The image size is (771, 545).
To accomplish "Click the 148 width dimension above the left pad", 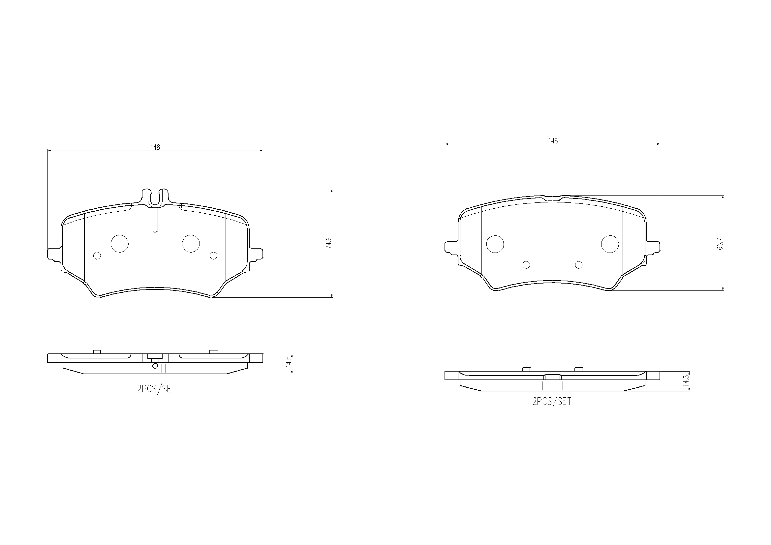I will (155, 147).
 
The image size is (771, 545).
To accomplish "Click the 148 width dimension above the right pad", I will (553, 141).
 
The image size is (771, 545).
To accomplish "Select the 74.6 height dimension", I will (328, 243).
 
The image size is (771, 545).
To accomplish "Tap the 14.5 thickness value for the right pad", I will (686, 381).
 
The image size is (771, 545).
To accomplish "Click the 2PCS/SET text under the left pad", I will (157, 389).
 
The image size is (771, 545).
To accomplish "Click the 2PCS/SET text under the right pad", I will (552, 401).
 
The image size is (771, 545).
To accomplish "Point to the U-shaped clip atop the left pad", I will (155, 198).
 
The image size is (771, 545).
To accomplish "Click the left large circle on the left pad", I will (120, 243).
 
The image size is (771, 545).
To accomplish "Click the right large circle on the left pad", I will (191, 243).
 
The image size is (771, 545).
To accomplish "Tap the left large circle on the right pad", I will (495, 244).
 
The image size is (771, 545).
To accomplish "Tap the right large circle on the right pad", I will (610, 244).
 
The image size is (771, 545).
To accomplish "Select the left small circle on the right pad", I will (527, 265).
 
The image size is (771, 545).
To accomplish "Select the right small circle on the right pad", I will (579, 265).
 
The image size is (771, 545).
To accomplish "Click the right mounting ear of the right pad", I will (653, 247).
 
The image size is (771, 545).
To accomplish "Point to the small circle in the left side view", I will (155, 366).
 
